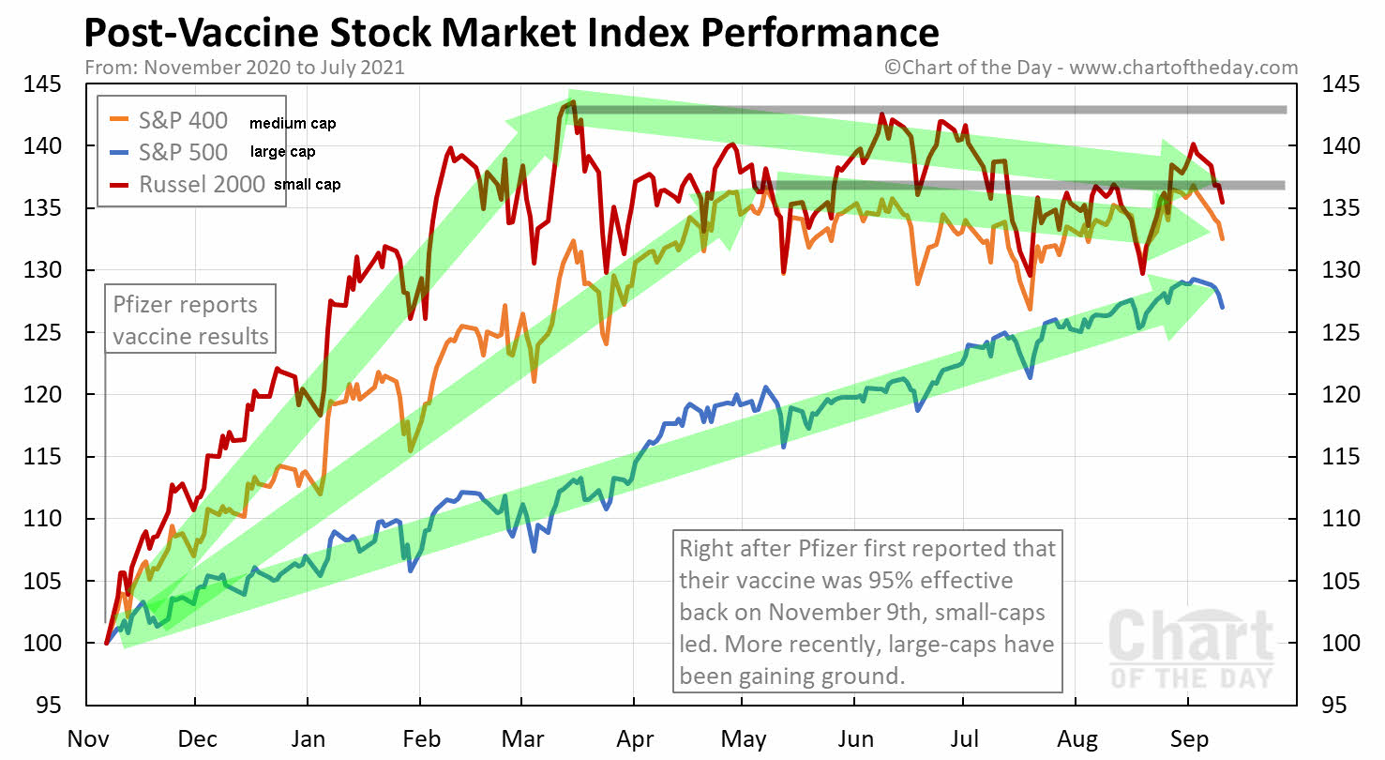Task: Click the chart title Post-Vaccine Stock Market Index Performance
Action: tap(511, 33)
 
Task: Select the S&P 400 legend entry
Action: tap(183, 122)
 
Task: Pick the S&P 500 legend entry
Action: tap(183, 152)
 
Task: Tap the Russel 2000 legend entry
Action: tap(203, 184)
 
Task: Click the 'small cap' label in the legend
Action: tap(307, 185)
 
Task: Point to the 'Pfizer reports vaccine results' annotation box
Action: tap(190, 320)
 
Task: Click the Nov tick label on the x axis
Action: tap(86, 738)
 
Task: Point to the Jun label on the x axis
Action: tap(854, 738)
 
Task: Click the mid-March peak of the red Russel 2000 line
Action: tap(572, 102)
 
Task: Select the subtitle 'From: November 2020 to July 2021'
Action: tap(244, 68)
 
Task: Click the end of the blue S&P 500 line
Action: tap(1222, 307)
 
